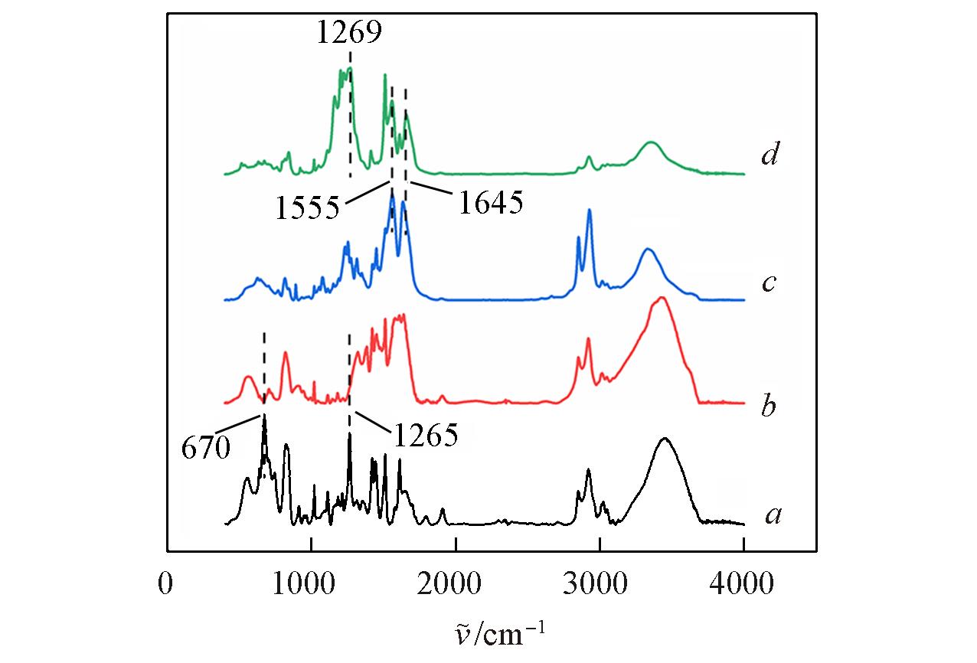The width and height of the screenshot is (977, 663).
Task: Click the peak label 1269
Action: [x=349, y=33]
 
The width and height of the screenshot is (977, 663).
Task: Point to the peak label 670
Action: [x=205, y=447]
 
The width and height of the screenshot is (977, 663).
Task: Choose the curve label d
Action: [x=770, y=156]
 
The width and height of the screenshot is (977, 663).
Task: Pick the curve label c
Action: [x=770, y=283]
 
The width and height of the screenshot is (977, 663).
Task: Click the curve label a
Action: [x=773, y=517]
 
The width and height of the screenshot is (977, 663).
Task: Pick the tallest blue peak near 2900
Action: [x=589, y=211]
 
